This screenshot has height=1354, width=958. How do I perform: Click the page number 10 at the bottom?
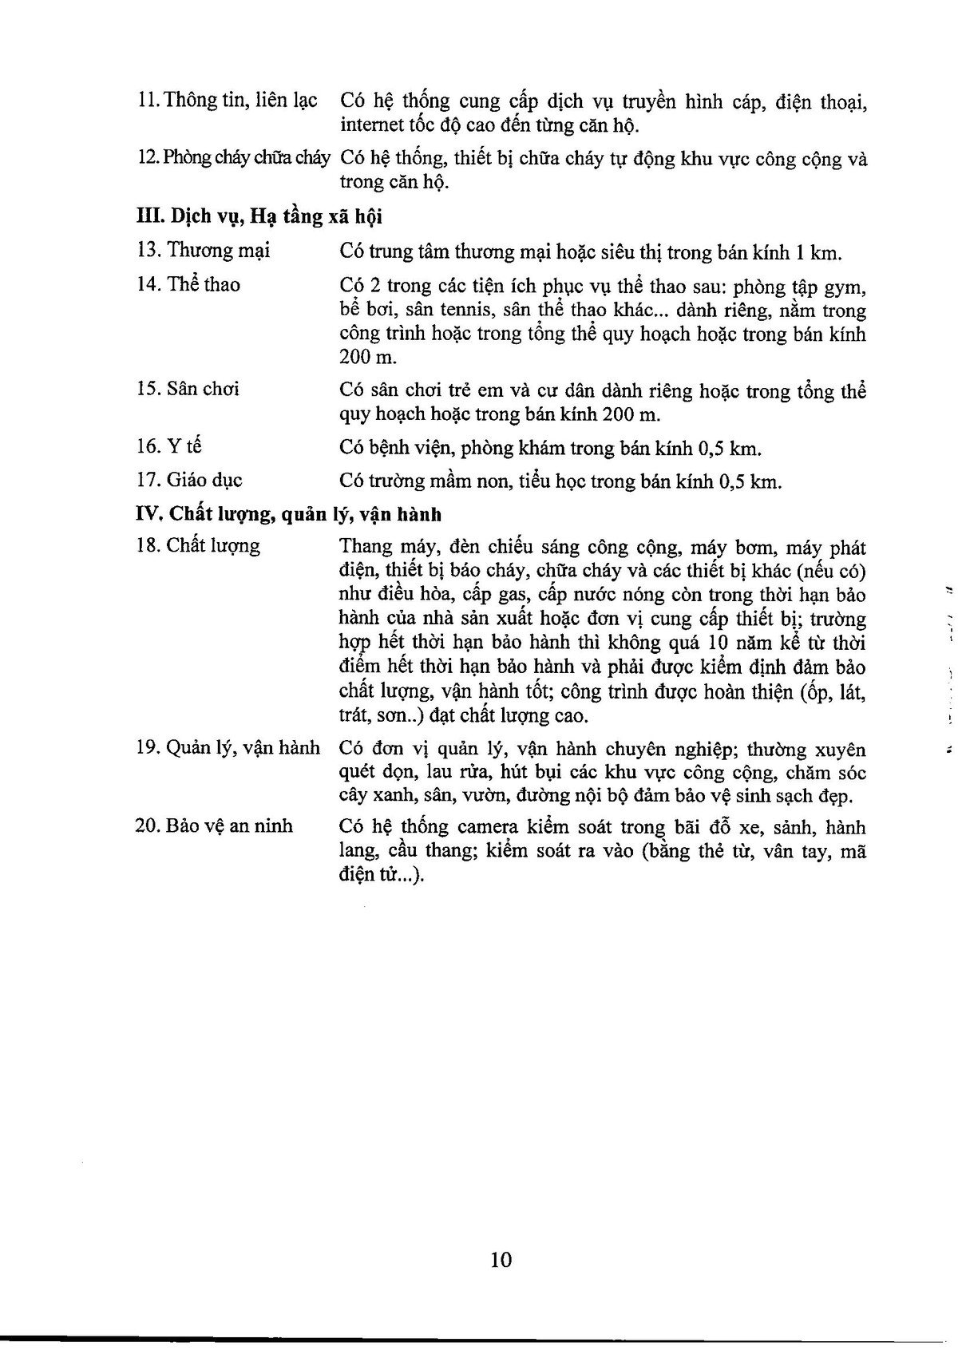(501, 1261)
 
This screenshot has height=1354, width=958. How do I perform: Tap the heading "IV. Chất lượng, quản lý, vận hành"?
(289, 513)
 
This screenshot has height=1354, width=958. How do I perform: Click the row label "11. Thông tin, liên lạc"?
(228, 101)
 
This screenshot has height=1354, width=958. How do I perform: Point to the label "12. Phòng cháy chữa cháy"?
(234, 157)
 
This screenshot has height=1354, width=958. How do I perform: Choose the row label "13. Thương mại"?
(204, 251)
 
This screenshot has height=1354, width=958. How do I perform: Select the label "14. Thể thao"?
(188, 284)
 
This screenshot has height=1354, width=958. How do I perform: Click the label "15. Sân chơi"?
(188, 390)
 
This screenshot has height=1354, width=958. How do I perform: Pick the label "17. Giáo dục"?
(189, 480)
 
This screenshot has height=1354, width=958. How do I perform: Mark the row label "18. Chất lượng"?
(198, 546)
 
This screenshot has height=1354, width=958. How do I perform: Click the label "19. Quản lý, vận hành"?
(228, 748)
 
